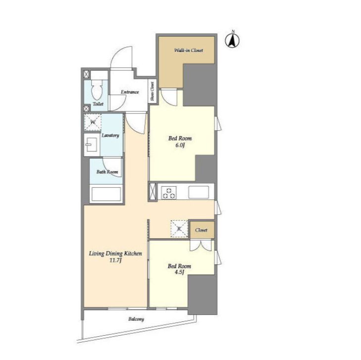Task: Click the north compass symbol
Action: (232, 40)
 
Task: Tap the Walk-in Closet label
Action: (189, 50)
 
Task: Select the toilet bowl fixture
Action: (97, 90)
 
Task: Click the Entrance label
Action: (130, 92)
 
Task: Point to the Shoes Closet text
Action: (152, 92)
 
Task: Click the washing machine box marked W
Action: (93, 122)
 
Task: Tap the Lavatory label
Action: (110, 135)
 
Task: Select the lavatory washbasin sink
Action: (91, 145)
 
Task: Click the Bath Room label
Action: (107, 172)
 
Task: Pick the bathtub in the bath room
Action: (106, 194)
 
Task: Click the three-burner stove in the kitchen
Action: (169, 193)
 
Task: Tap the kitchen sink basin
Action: (199, 192)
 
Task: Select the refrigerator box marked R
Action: (179, 229)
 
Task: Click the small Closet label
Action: (201, 230)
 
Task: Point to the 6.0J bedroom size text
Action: (180, 145)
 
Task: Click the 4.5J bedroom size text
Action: (179, 272)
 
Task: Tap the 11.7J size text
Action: (115, 260)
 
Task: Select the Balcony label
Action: (136, 319)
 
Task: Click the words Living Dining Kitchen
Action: (115, 254)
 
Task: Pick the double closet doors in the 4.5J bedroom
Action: (201, 246)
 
